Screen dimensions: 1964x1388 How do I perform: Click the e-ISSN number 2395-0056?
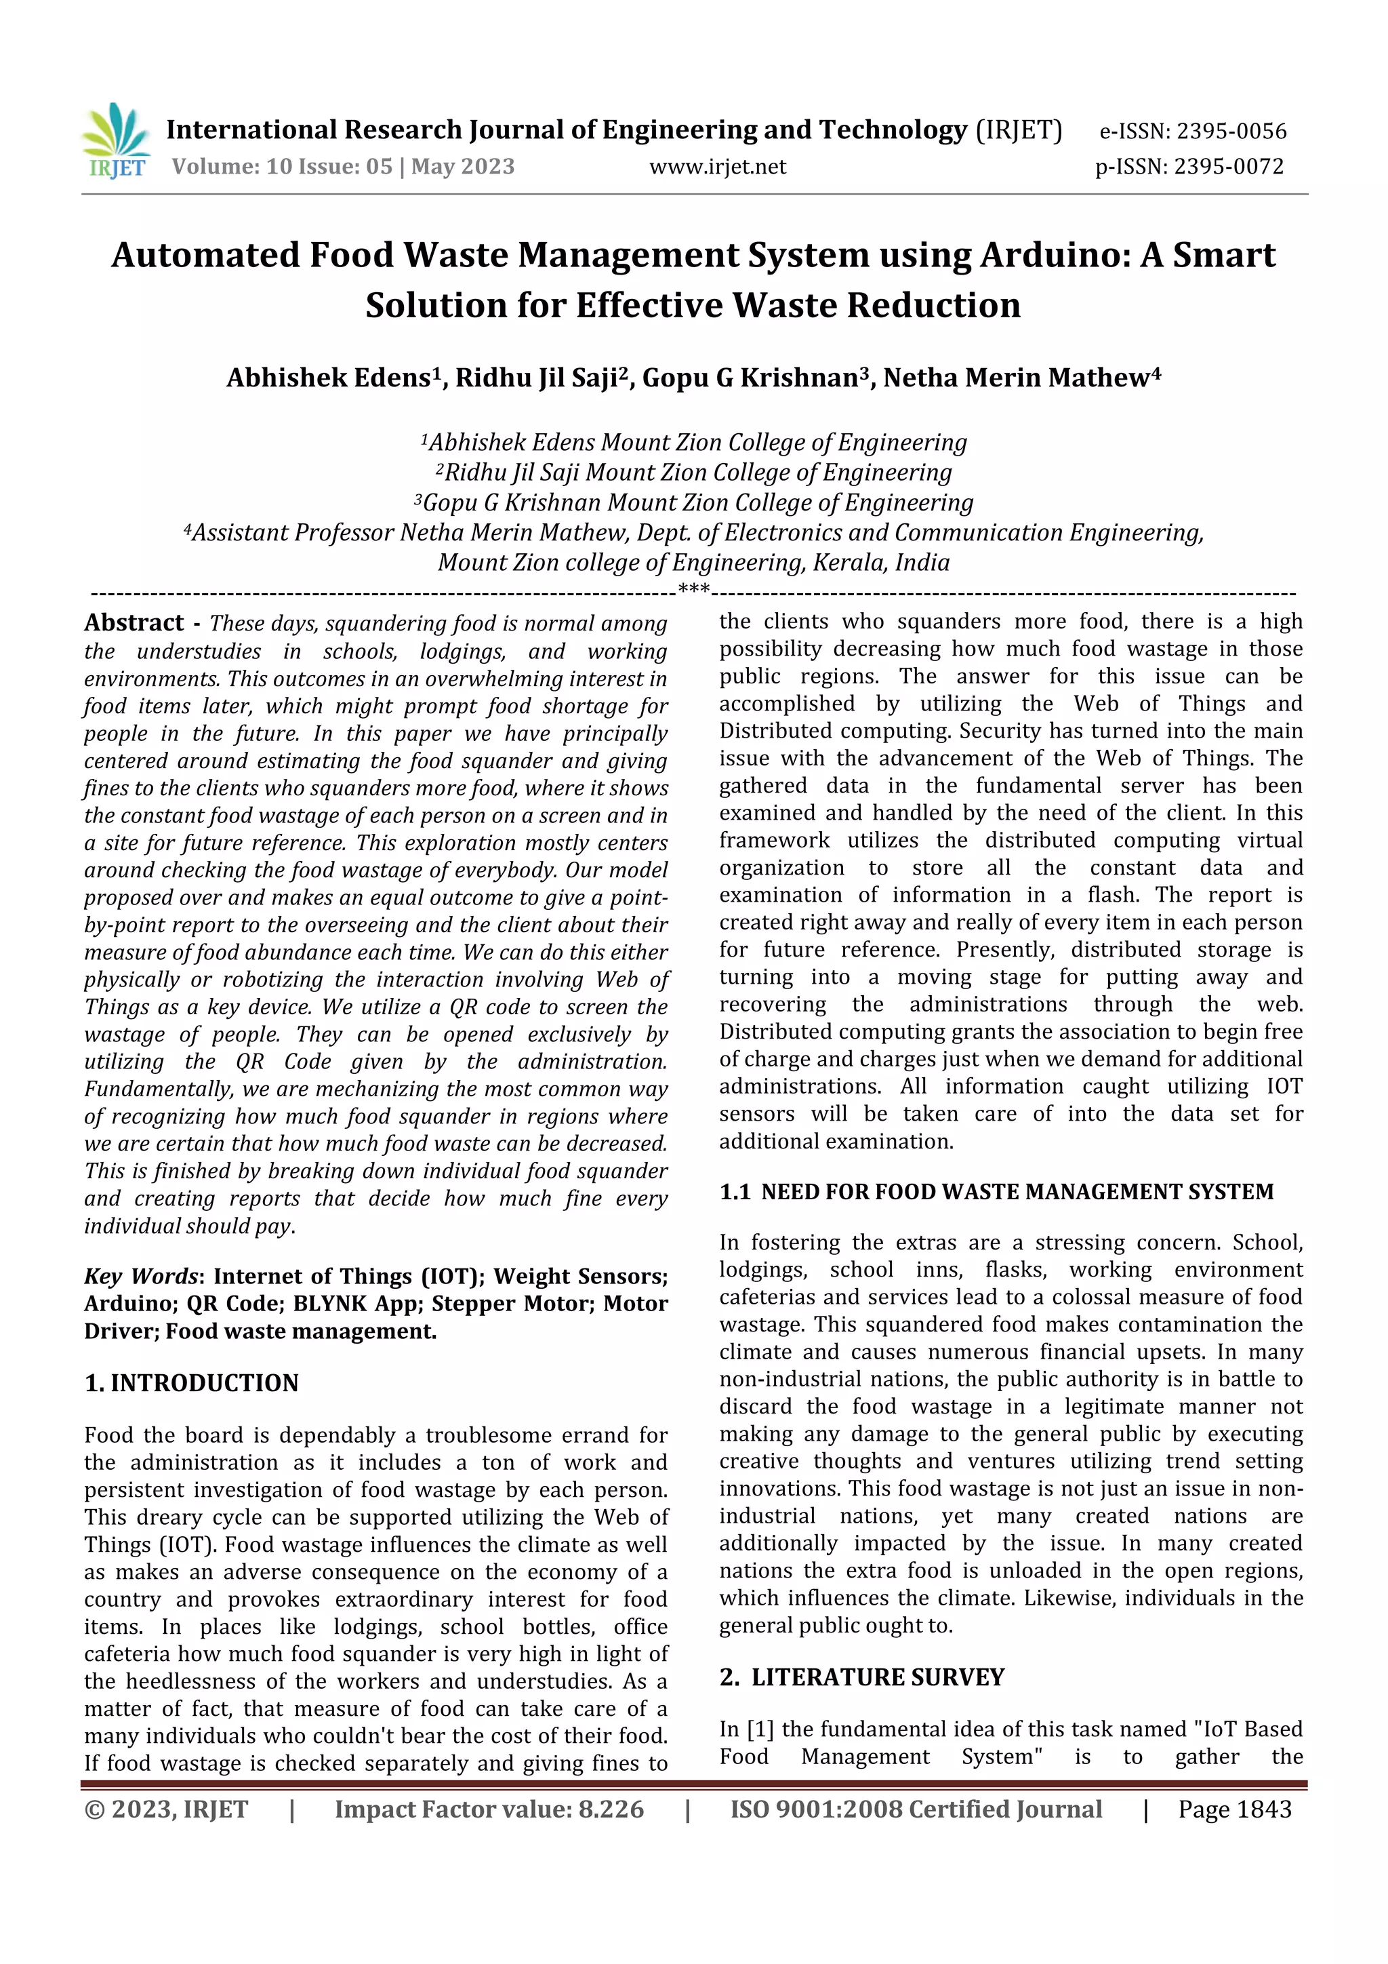click(x=1231, y=131)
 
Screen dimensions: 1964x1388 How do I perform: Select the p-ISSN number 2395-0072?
click(x=1228, y=166)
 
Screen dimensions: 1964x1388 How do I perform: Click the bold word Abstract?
click(x=134, y=623)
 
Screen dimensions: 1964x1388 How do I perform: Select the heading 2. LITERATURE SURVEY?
click(x=861, y=1677)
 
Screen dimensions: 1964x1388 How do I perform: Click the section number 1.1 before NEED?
click(x=735, y=1192)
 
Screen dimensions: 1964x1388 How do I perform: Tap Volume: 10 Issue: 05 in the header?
click(x=282, y=166)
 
